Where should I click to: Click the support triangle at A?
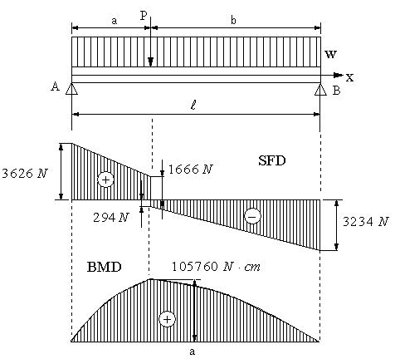coord(71,89)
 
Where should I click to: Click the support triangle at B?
coord(320,89)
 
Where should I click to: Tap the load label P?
coord(144,16)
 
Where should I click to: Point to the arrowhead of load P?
coord(150,62)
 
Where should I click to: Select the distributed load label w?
coord(330,54)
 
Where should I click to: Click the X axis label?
coord(349,77)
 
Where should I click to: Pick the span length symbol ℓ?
coord(193,106)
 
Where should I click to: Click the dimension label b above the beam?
coord(233,20)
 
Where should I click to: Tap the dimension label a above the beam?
coord(115,21)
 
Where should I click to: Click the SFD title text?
coord(272,160)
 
